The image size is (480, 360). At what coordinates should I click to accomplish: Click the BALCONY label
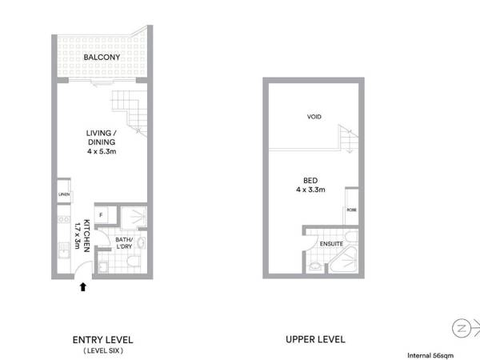click(102, 58)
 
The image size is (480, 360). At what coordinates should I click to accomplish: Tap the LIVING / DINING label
click(102, 138)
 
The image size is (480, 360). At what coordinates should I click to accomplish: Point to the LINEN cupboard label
click(62, 195)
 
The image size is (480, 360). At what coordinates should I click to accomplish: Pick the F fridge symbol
click(102, 214)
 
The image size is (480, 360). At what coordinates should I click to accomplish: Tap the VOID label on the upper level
click(314, 117)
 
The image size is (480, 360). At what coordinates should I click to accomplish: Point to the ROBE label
click(351, 210)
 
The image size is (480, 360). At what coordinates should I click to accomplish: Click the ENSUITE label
click(331, 243)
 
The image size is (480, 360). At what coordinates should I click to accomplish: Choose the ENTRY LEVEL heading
click(102, 339)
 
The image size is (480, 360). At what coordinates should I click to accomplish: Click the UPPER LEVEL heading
click(315, 339)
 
